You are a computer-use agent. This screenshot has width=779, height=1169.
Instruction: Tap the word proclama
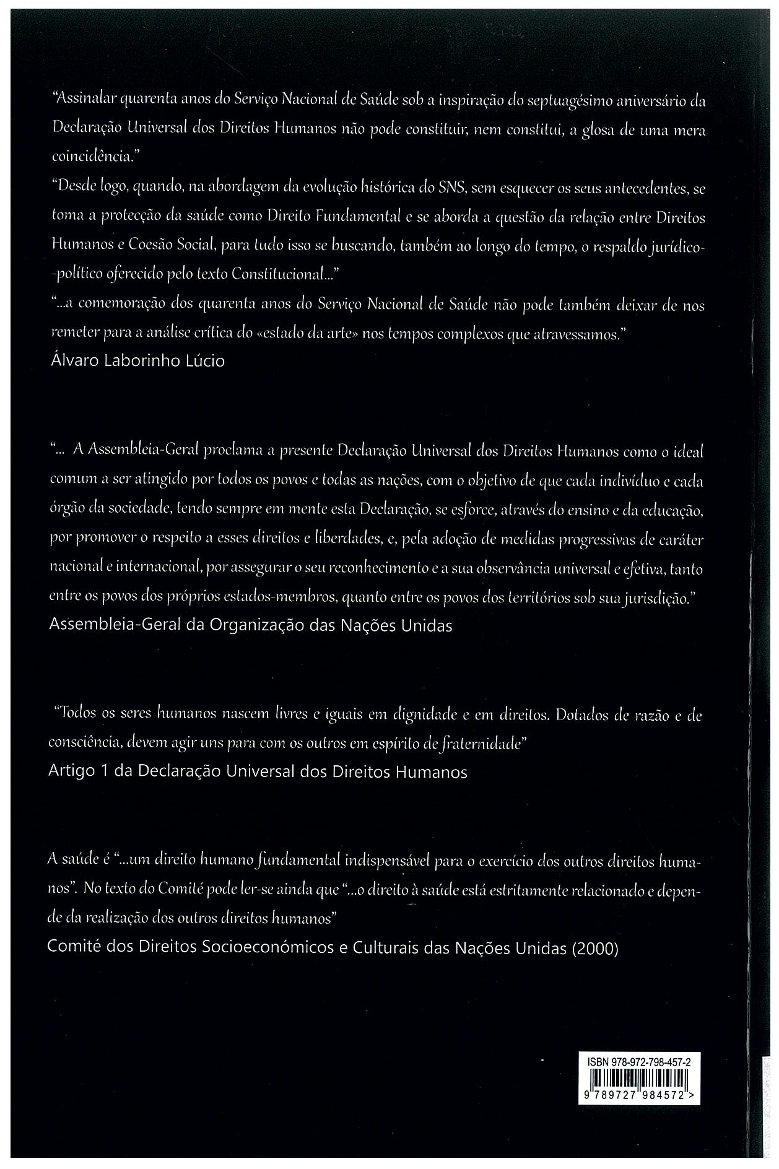coord(233,452)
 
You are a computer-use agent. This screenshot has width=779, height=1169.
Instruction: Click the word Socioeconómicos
coord(270,948)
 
